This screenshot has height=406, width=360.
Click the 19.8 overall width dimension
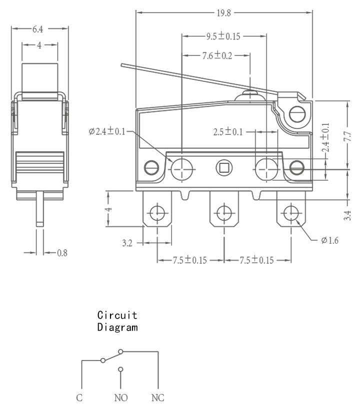(223, 13)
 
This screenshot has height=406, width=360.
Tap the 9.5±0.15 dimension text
(223, 36)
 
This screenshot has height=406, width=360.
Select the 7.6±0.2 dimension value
(217, 55)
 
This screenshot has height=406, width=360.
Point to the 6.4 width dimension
(38, 29)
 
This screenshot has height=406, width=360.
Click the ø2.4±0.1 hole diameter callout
(107, 131)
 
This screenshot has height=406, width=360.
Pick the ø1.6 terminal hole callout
(329, 241)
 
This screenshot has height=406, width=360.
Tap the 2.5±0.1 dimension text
(228, 132)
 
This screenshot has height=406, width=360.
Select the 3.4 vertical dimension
(347, 215)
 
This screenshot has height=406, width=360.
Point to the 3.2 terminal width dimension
(127, 243)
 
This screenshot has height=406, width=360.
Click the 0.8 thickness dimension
(62, 253)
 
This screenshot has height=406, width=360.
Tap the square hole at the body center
(224, 168)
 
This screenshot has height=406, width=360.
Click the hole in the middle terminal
(224, 213)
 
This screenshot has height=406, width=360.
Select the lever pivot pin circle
(297, 114)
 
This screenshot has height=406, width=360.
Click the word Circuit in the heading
(117, 315)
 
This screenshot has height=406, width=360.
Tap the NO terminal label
(121, 398)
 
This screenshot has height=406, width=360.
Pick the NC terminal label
(157, 398)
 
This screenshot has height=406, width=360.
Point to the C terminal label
(79, 398)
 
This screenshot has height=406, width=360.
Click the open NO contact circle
(120, 369)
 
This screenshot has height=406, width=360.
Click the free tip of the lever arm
(121, 65)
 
